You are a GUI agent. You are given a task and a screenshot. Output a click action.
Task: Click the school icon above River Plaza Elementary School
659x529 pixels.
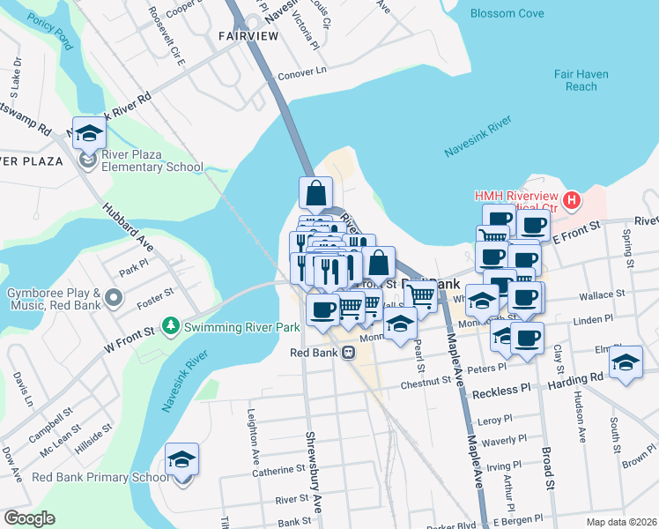(89, 133)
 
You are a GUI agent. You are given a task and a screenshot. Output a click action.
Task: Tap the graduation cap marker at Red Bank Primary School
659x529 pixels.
(182, 459)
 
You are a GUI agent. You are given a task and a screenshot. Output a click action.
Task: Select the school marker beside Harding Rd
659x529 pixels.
(626, 362)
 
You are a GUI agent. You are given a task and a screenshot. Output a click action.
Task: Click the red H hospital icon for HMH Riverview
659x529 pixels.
(572, 201)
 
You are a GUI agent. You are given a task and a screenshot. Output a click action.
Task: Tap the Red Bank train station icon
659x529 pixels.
(349, 353)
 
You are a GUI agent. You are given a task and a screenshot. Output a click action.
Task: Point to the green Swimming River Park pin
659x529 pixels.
(174, 327)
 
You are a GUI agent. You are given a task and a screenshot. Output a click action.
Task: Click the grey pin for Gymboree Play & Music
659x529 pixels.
(114, 298)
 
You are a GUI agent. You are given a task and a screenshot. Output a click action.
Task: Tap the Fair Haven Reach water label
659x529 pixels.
(581, 80)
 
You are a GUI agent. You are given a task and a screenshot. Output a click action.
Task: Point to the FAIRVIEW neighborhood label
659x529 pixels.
(247, 35)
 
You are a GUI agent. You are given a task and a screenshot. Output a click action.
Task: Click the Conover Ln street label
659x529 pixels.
(302, 71)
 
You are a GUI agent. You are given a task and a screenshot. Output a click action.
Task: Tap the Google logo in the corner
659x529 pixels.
(29, 518)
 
